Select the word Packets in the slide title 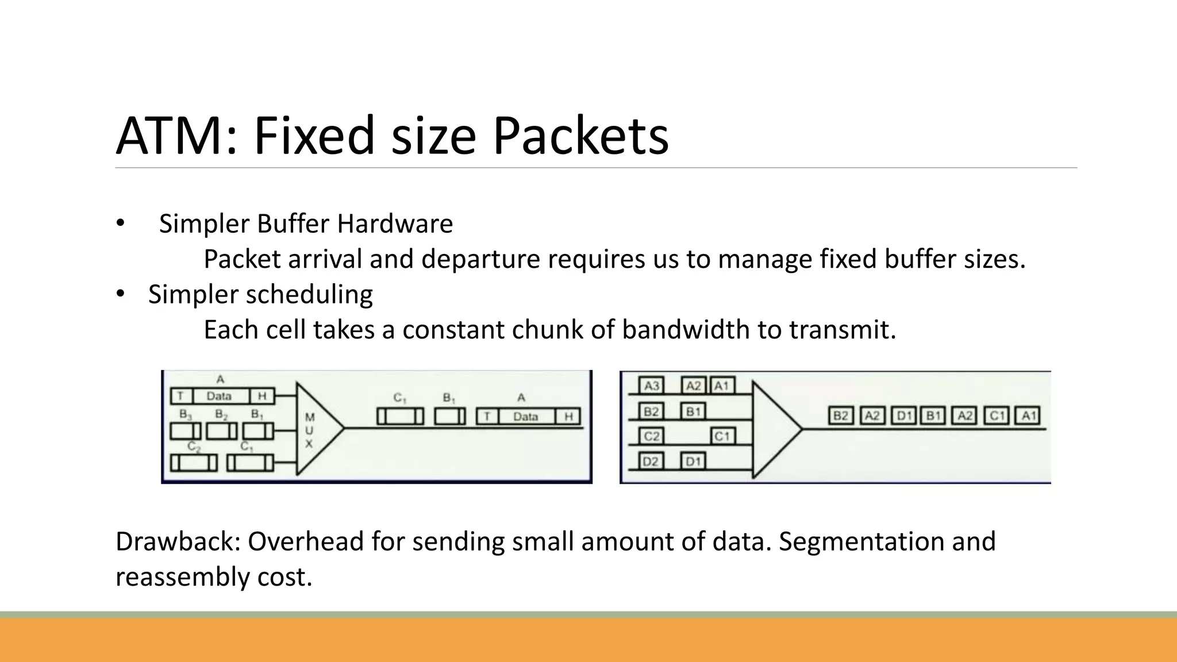pos(580,136)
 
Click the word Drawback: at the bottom pos(178,541)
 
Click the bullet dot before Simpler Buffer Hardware pos(120,223)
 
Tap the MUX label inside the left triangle pos(309,430)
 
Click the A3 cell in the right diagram pos(652,386)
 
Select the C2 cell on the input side pos(651,436)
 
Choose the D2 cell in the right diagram pos(651,461)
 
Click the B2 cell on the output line pos(841,415)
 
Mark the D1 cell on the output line pos(904,415)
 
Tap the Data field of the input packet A pos(219,396)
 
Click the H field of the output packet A pos(568,417)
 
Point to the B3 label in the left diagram pos(185,414)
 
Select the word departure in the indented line pos(481,259)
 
